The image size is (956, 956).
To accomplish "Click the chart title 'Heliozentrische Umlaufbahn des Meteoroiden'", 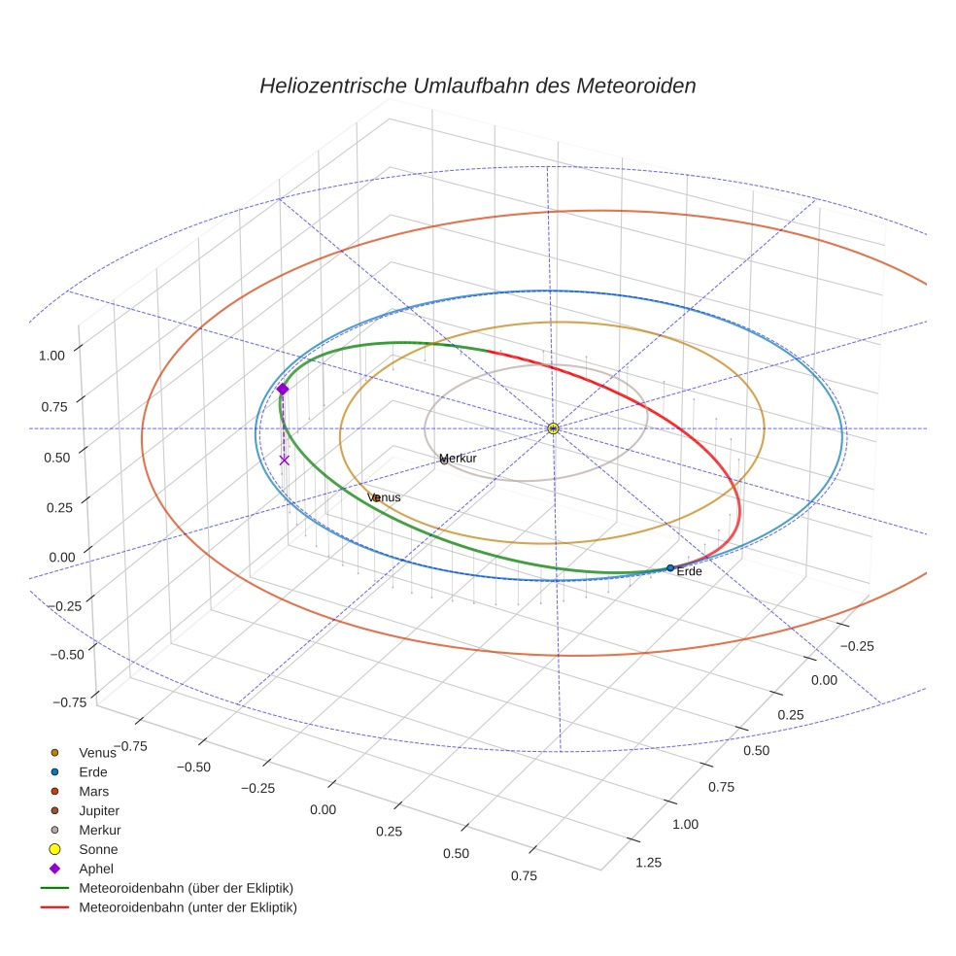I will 477,85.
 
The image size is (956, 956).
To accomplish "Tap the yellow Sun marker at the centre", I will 553,428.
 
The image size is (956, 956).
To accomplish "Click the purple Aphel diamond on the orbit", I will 283,389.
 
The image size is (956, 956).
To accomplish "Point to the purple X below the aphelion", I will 284,460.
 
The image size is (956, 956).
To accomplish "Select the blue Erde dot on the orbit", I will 670,567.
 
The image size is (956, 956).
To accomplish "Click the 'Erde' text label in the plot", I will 689,572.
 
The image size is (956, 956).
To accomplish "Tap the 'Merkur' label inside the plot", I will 459,459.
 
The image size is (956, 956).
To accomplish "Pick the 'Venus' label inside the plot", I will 384,497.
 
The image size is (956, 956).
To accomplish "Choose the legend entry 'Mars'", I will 93,791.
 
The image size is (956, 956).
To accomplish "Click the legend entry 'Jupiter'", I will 99,810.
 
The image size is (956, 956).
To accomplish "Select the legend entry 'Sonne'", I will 98,849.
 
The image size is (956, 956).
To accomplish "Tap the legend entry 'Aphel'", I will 96,869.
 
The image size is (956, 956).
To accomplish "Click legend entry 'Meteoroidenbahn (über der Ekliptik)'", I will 186,888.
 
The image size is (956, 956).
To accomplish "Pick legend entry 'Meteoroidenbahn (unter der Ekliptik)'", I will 188,907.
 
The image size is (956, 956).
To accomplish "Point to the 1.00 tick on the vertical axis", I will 51,356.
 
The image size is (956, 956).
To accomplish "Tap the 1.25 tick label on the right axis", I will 648,862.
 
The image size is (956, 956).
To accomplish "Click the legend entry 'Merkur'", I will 99,830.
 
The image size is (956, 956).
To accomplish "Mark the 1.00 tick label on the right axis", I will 685,824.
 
